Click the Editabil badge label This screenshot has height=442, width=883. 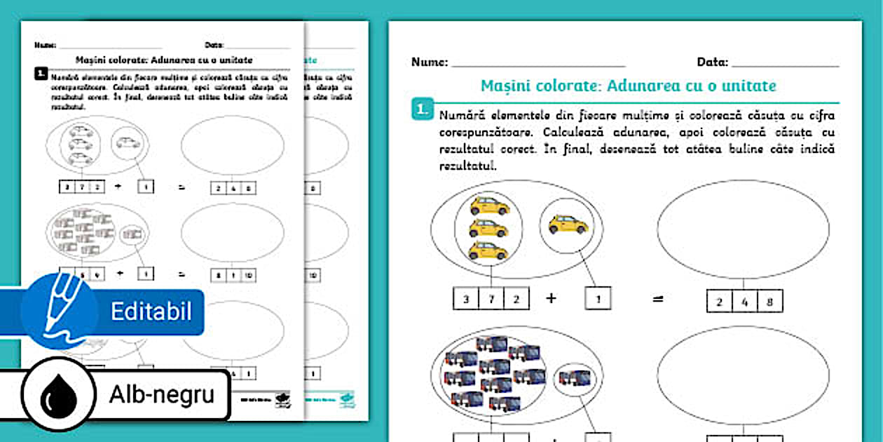click(151, 312)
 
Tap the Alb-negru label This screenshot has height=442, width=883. click(161, 396)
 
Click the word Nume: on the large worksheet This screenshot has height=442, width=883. click(429, 62)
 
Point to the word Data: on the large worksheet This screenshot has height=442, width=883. click(712, 62)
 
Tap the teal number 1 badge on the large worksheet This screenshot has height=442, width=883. click(421, 109)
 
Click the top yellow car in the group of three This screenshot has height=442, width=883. click(489, 206)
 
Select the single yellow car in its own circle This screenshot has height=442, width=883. click(568, 224)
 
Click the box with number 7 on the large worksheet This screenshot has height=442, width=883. click(492, 300)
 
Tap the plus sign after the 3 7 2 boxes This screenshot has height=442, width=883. click(552, 298)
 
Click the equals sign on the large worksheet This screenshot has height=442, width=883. click(658, 299)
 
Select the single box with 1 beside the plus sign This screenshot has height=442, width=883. click(597, 299)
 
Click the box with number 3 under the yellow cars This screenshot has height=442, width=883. click(467, 300)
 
